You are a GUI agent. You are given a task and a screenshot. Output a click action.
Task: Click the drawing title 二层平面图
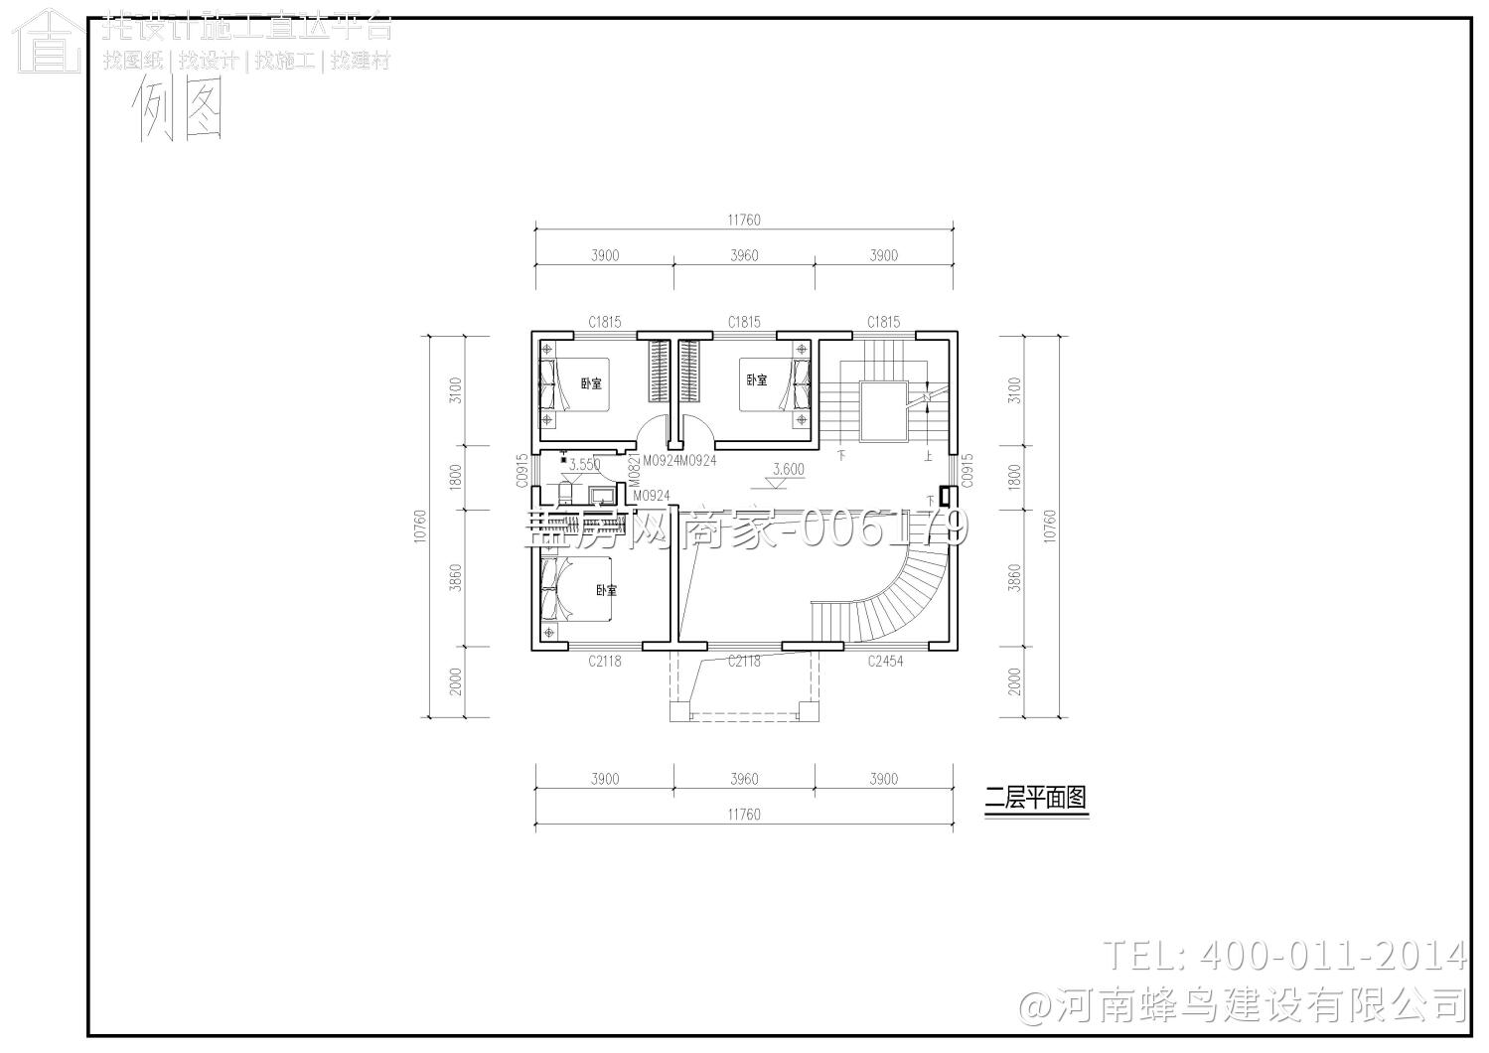pyautogui.click(x=1036, y=798)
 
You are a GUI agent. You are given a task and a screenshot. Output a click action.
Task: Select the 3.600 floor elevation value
pyautogui.click(x=789, y=469)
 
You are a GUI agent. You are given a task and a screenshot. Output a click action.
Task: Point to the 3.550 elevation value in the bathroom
pyautogui.click(x=584, y=464)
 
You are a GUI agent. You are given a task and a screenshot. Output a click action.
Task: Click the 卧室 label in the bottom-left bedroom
pyautogui.click(x=606, y=590)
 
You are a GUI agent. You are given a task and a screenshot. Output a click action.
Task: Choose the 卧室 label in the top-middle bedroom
pyautogui.click(x=757, y=379)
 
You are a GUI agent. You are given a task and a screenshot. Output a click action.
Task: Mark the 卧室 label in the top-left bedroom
pyautogui.click(x=591, y=382)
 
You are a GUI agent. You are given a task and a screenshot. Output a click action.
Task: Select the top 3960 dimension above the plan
pyautogui.click(x=744, y=255)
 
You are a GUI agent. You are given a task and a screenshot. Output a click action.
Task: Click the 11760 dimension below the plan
pyautogui.click(x=744, y=815)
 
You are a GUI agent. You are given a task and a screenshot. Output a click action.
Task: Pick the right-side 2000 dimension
pyautogui.click(x=1014, y=681)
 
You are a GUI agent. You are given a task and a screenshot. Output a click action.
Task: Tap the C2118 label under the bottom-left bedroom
pyautogui.click(x=604, y=661)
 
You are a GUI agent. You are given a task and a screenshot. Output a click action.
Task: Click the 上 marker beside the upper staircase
pyautogui.click(x=928, y=456)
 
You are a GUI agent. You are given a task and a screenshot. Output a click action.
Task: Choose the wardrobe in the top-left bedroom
pyautogui.click(x=659, y=372)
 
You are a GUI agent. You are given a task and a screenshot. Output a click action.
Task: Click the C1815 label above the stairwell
pyautogui.click(x=883, y=322)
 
